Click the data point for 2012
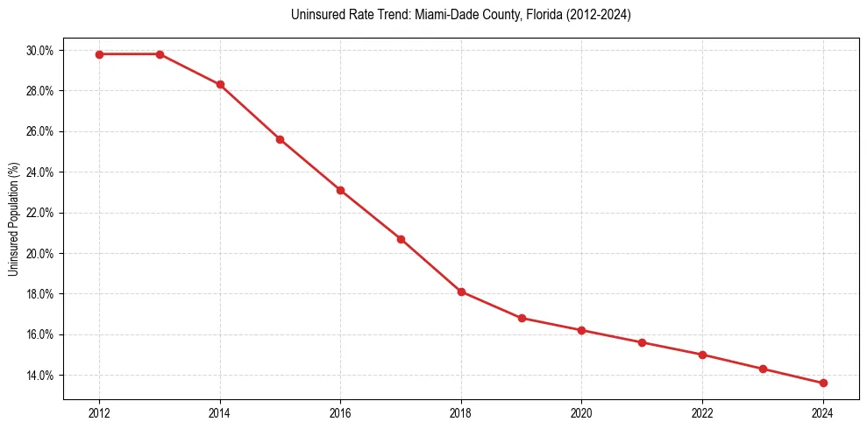[x=99, y=54]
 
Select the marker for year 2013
[x=160, y=54]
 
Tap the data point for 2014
[x=220, y=85]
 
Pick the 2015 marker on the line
[x=280, y=139]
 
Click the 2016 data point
[x=340, y=190]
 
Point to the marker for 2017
[x=401, y=239]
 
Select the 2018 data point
[x=461, y=292]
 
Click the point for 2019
[x=522, y=318]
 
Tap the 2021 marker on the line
[x=642, y=342]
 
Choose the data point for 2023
[x=763, y=369]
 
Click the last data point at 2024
[x=823, y=383]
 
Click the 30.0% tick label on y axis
[x=39, y=51]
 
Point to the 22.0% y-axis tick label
[x=39, y=213]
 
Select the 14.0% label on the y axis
[x=39, y=376]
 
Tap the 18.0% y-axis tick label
[x=39, y=294]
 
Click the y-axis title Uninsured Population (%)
[x=13, y=219]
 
